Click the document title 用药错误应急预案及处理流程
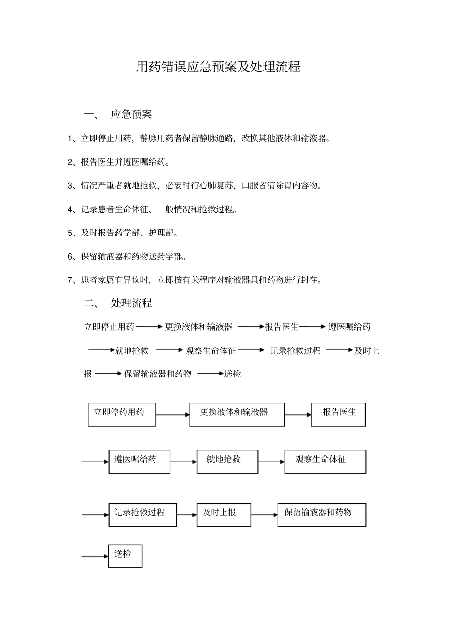tap(218, 67)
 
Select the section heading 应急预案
tap(131, 114)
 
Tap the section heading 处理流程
tap(131, 303)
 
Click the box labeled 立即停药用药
tap(122, 415)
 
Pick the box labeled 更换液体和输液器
tap(237, 415)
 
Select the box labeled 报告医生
tap(338, 415)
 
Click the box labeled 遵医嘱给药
tap(139, 462)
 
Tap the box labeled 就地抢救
tap(227, 462)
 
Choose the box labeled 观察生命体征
tap(325, 462)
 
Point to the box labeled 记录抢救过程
tap(143, 514)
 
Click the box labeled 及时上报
tap(224, 514)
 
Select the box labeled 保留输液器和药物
tap(322, 514)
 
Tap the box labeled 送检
tap(125, 556)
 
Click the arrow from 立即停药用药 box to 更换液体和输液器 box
tap(173, 415)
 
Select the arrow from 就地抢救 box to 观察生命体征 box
tap(271, 462)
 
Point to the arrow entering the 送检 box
tap(95, 556)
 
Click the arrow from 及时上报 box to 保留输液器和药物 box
tap(264, 515)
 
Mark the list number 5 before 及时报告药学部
tap(70, 233)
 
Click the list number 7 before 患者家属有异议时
tap(70, 280)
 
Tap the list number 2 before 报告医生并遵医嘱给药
tap(70, 162)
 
